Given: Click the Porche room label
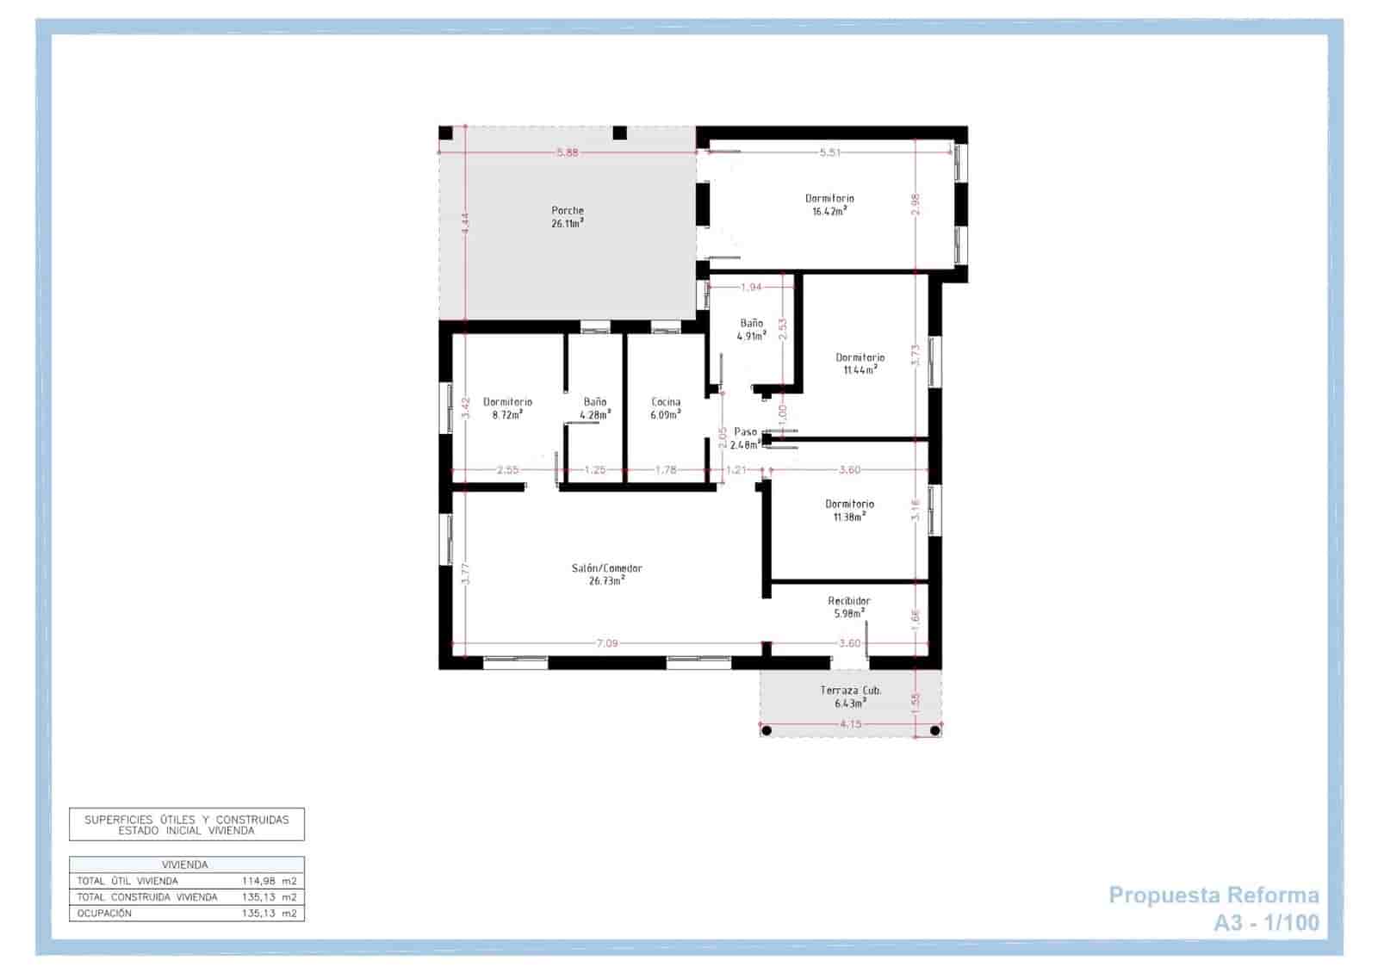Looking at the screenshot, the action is [568, 210].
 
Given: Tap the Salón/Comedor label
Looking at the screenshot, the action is [606, 568].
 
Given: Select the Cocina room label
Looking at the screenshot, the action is [666, 402].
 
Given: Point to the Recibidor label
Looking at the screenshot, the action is [849, 601].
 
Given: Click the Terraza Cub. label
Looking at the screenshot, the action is [850, 690].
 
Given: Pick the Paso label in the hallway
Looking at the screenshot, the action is [746, 431].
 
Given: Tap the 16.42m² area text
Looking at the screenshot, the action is [829, 211].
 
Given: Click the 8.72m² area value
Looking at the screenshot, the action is [507, 414].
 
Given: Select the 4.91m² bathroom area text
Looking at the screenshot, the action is [752, 336].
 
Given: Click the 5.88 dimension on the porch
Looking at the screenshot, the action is [568, 152].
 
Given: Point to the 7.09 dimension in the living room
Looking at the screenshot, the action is [606, 643].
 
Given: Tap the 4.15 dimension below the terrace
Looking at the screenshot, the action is [850, 724].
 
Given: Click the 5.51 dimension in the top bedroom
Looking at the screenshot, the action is [830, 152].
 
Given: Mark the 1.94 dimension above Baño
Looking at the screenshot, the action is [751, 287].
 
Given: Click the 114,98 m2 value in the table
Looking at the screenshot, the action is [269, 881].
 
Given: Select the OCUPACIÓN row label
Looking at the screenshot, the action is [104, 914].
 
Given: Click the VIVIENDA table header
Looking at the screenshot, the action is [184, 865].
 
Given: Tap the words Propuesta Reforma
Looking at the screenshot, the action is [1214, 895].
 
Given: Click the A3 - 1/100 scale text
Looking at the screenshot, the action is [1267, 922].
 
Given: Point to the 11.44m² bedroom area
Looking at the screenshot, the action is [860, 369].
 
